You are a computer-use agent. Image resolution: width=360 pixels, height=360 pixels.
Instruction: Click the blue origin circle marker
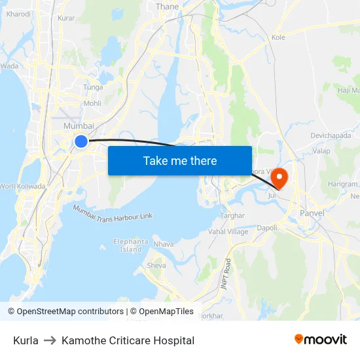(x=81, y=141)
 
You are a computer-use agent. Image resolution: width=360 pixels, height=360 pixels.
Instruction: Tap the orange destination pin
(x=279, y=177)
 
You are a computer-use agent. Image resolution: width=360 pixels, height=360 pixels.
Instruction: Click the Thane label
(x=167, y=7)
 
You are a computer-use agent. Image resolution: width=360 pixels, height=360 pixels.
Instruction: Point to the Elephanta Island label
(x=131, y=245)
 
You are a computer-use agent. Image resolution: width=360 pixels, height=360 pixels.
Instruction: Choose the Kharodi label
(x=18, y=14)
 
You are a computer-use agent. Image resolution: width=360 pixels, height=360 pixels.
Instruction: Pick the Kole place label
(x=278, y=37)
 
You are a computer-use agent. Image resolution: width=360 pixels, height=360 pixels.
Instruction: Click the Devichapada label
(x=331, y=135)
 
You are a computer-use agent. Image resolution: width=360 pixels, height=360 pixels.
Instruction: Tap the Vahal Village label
(x=228, y=232)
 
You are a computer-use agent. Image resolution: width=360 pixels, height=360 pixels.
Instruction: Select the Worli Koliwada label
(x=24, y=187)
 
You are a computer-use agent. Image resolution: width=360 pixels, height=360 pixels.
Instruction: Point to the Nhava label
(x=164, y=244)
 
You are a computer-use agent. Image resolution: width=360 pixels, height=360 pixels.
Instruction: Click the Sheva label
(x=156, y=266)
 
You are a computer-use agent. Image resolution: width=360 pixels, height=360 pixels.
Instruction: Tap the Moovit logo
(x=320, y=339)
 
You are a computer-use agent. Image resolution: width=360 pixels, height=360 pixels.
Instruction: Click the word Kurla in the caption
(x=26, y=340)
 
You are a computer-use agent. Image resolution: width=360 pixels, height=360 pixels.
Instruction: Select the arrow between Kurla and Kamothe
(x=50, y=340)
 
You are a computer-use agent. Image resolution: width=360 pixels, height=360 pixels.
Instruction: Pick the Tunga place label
(x=93, y=87)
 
